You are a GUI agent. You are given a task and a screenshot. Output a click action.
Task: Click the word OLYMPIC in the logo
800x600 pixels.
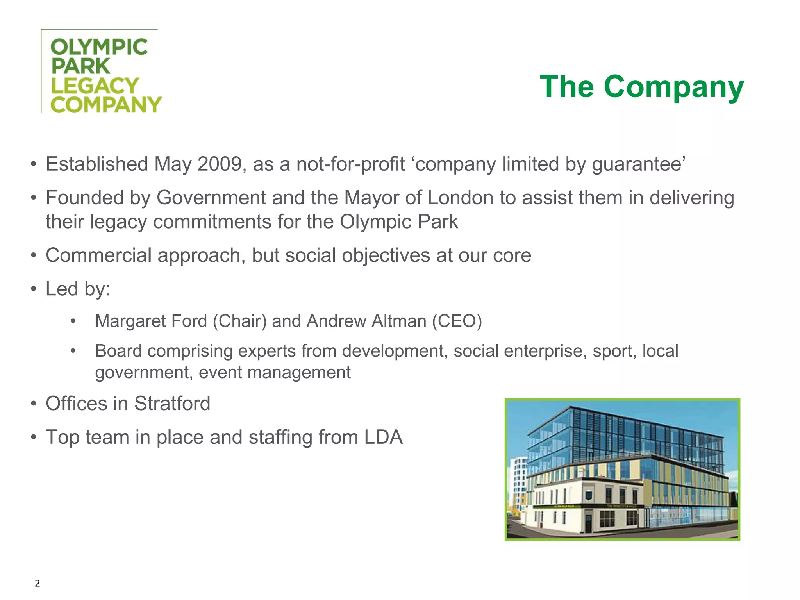[99, 47]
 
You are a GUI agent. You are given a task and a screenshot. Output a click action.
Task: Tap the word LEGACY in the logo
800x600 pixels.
[95, 86]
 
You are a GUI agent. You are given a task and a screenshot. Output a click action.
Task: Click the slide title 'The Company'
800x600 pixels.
[642, 86]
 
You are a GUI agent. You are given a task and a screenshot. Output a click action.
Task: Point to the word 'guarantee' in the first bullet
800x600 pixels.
[637, 164]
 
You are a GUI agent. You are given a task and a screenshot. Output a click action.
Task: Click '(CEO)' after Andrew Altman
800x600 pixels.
[457, 321]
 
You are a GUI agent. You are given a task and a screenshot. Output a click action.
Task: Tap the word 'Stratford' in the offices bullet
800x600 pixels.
[172, 404]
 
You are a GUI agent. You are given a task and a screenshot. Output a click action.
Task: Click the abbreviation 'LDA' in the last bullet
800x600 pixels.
[383, 437]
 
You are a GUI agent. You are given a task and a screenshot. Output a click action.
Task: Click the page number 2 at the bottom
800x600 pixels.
[37, 584]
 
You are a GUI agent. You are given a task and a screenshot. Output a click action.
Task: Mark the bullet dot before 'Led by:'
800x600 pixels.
[34, 289]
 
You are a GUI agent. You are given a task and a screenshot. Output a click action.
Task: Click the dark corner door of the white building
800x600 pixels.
[588, 523]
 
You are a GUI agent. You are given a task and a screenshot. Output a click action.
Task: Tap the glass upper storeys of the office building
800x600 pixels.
[625, 434]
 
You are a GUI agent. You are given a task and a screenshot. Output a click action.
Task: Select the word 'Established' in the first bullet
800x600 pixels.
[96, 164]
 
